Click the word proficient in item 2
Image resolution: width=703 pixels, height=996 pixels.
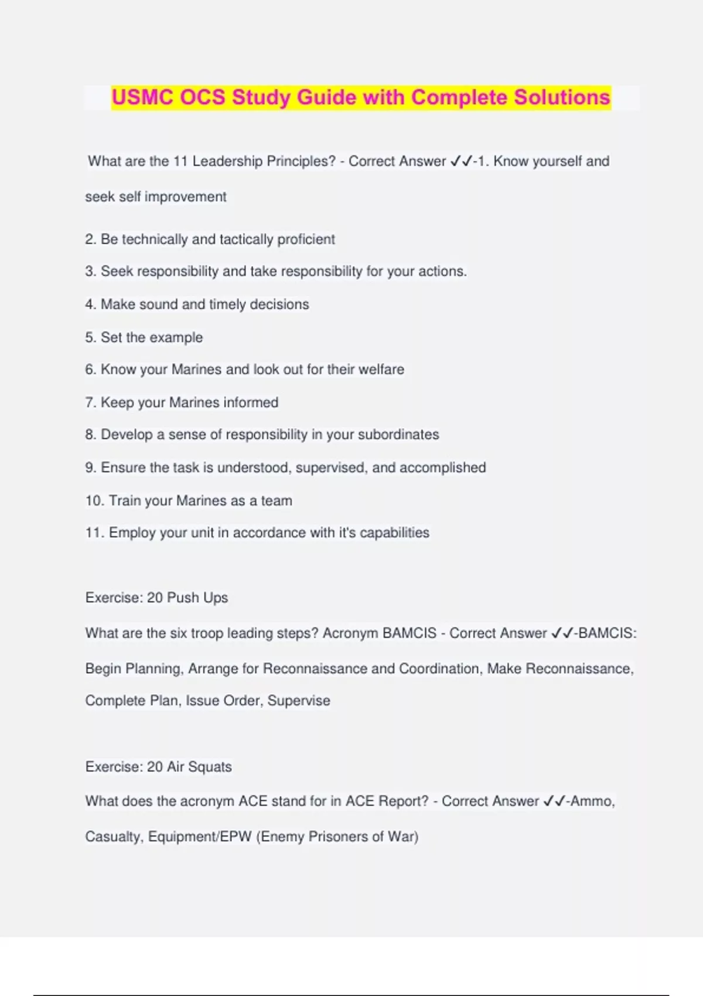[306, 240]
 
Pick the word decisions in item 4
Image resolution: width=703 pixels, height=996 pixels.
[279, 305]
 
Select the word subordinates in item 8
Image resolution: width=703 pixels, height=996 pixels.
[398, 435]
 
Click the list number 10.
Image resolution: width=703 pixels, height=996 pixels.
[94, 501]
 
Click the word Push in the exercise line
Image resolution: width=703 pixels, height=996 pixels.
[183, 598]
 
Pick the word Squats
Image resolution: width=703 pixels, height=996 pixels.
[210, 767]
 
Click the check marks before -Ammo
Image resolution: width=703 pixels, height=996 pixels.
[554, 801]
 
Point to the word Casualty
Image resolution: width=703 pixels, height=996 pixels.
[114, 837]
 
